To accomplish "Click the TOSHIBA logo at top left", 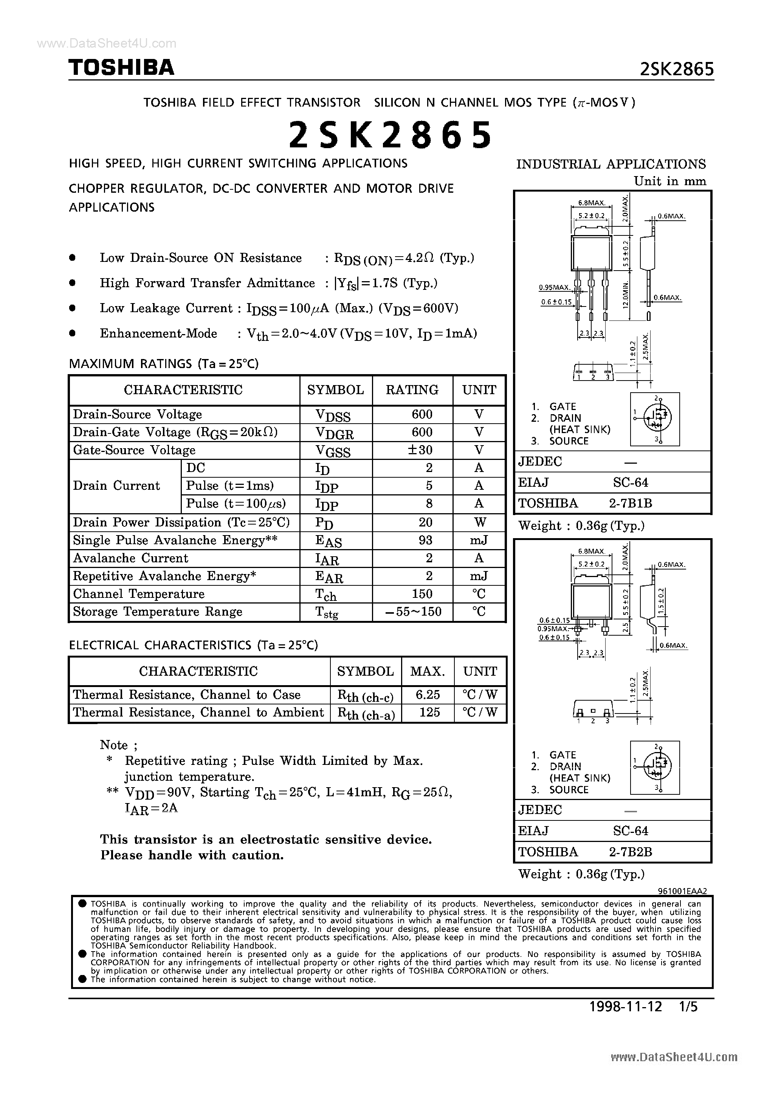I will click(121, 68).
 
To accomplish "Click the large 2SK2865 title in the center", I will click(390, 135).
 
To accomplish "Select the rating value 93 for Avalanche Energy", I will click(425, 540).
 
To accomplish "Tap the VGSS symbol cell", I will click(333, 450).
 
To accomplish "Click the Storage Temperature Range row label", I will click(158, 612).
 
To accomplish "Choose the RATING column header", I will click(412, 390).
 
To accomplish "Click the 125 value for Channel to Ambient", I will click(429, 712).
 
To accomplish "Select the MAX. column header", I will click(427, 671).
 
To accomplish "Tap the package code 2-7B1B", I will click(630, 503).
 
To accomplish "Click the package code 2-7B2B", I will click(630, 852).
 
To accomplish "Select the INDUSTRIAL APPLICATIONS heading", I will click(611, 165).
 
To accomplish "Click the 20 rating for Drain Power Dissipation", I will click(425, 522).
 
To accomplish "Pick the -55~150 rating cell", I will click(414, 612).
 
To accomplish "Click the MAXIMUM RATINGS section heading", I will click(164, 364).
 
